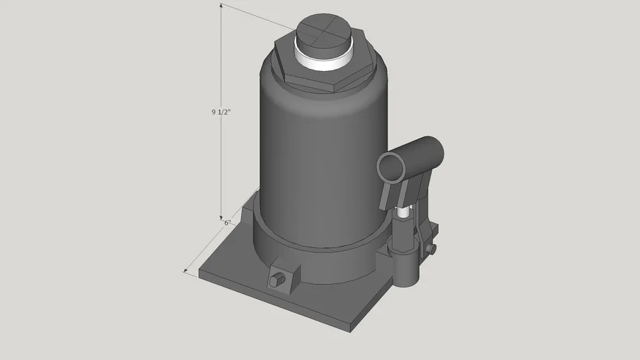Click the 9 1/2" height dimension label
[x=221, y=112]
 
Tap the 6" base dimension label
[x=227, y=223]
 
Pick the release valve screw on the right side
[x=431, y=249]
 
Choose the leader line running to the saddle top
[x=260, y=18]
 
